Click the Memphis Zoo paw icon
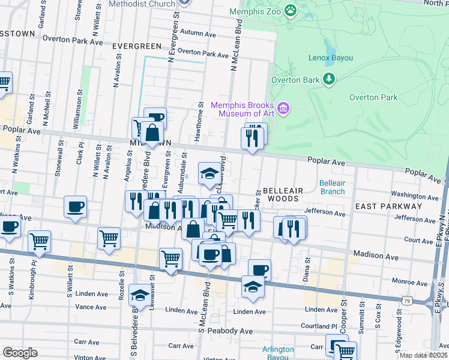click(x=291, y=10)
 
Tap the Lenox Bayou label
click(x=330, y=58)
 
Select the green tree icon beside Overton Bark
click(x=328, y=79)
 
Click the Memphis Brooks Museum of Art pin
click(x=284, y=109)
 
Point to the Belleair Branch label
click(x=332, y=187)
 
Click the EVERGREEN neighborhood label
click(x=136, y=46)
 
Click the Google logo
click(x=20, y=353)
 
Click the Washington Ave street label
click(x=415, y=196)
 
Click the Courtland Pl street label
click(x=321, y=326)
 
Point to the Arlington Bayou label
click(x=278, y=353)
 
